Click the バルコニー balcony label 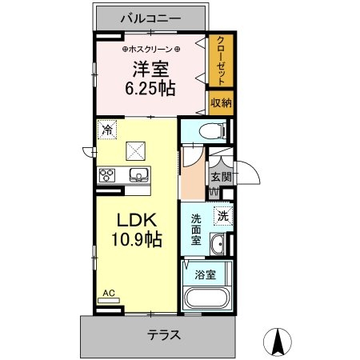pos(151,18)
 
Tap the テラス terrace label pos(164,334)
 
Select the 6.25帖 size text pos(150,89)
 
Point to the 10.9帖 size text pos(137,239)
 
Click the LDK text pos(137,220)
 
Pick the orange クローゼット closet pos(221,61)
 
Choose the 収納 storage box pos(221,103)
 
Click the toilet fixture pos(213,130)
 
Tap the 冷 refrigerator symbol pos(107,130)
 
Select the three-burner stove pos(107,175)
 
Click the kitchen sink pos(139,175)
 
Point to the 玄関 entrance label pos(221,177)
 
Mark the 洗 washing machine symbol pos(223,216)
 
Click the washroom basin pos(218,244)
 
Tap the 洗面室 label pos(196,230)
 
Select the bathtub pos(207,298)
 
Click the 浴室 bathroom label pos(205,274)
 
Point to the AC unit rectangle pos(109,301)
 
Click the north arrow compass pos(278,342)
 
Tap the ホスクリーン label pos(151,50)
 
